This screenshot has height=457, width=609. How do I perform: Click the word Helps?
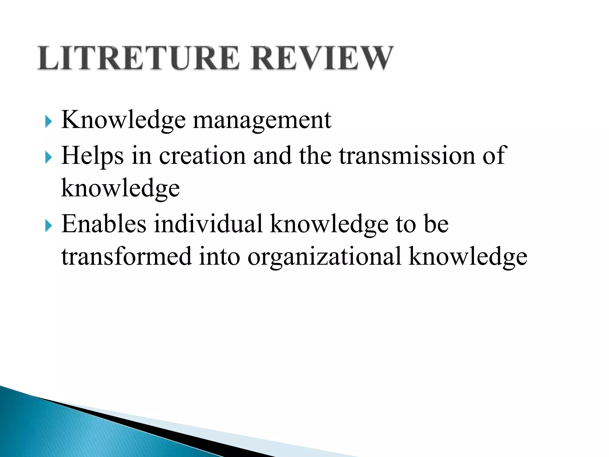(x=92, y=156)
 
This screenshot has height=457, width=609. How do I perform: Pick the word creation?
(x=202, y=156)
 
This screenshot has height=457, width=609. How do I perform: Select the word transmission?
(x=407, y=156)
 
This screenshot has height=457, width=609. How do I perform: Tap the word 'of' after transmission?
(x=493, y=156)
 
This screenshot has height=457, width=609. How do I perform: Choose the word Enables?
(x=104, y=224)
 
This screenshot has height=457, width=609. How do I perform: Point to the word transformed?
(x=126, y=256)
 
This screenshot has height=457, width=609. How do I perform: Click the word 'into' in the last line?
(x=219, y=256)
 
